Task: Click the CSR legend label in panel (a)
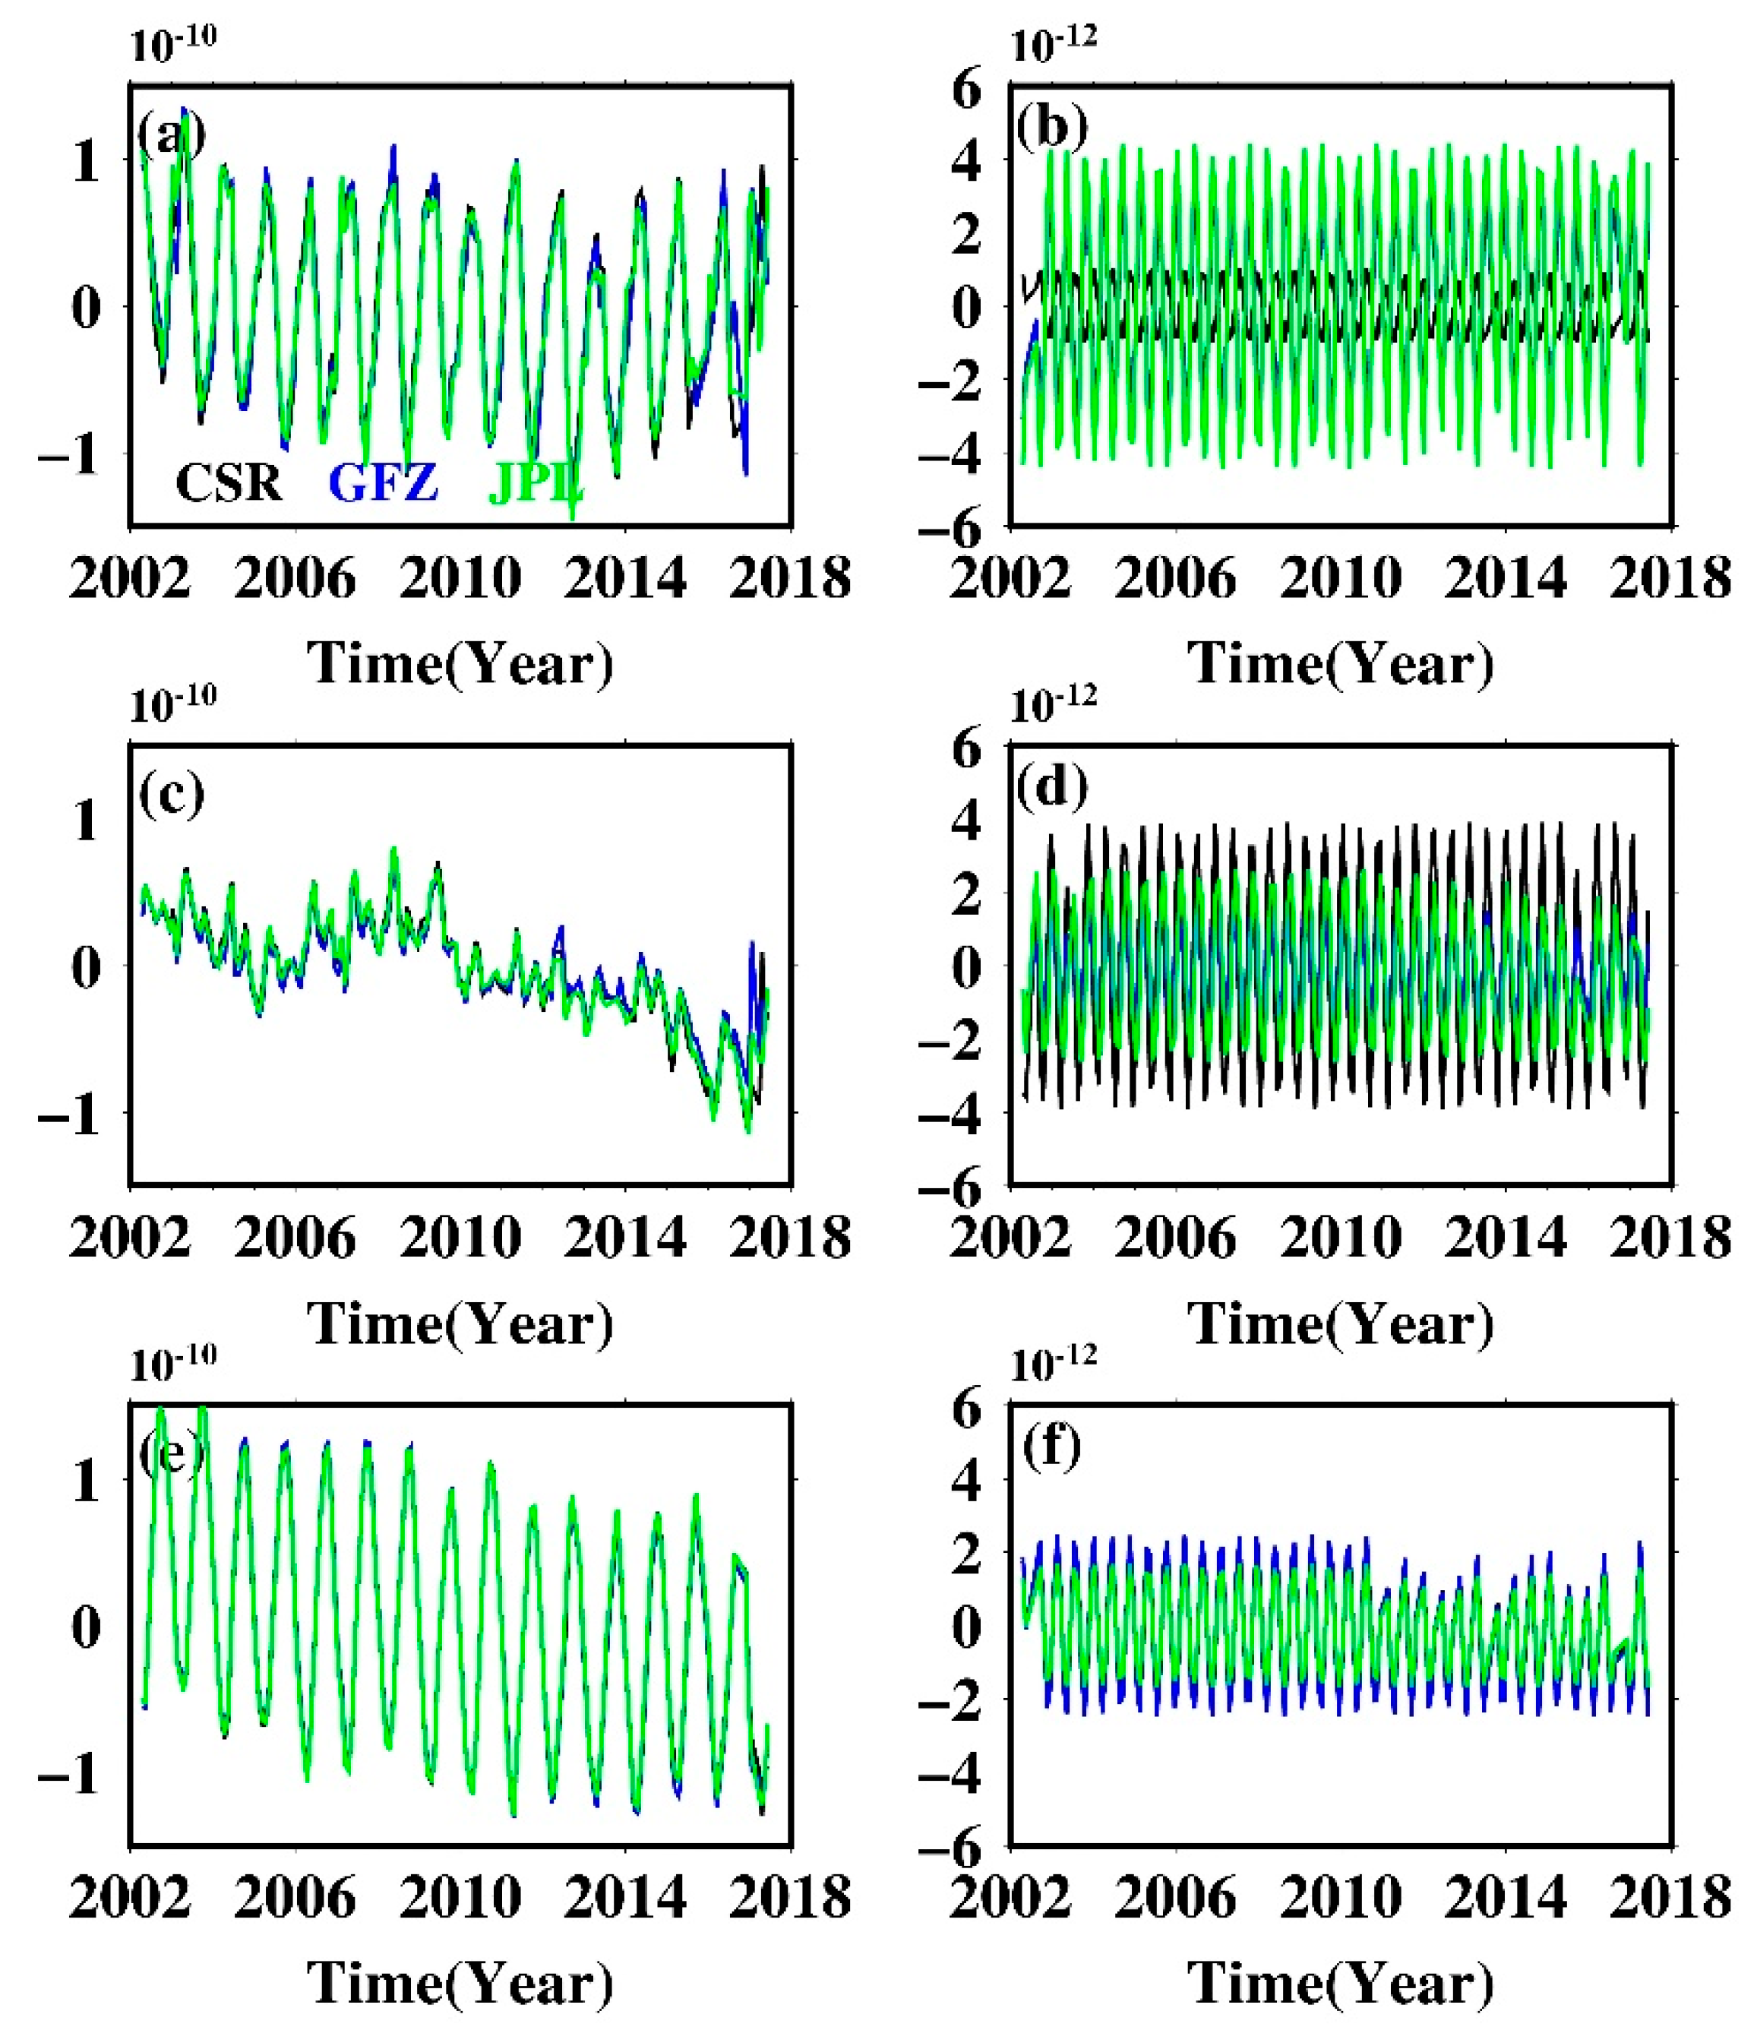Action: pos(229,482)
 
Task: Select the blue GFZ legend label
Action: pos(384,482)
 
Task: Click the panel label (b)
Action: pos(1052,128)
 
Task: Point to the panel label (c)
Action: pos(172,792)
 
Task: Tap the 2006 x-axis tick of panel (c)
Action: pos(294,1238)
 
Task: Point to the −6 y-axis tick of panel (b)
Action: pos(949,530)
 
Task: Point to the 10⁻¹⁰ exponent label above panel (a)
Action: pos(172,43)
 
